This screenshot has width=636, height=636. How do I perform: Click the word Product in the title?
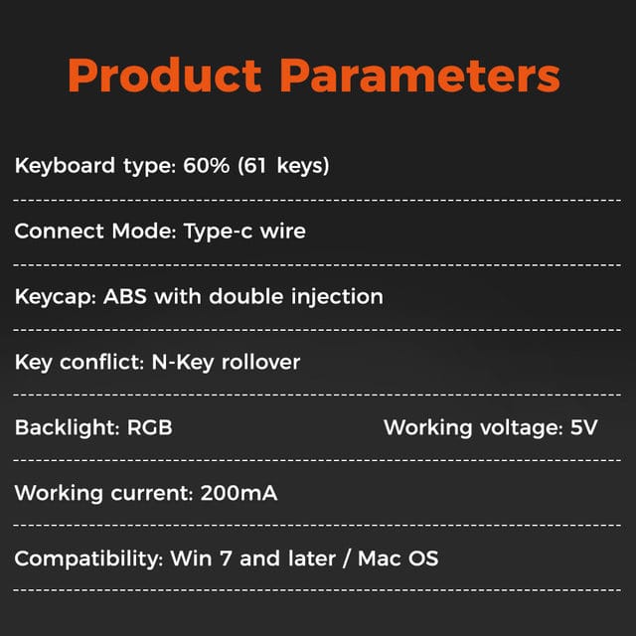pyautogui.click(x=165, y=76)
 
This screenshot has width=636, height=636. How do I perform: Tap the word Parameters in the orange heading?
pyautogui.click(x=420, y=76)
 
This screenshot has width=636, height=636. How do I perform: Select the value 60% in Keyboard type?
pyautogui.click(x=206, y=165)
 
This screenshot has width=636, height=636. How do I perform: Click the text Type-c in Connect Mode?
pyautogui.click(x=218, y=232)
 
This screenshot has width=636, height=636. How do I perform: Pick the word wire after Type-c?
pyautogui.click(x=282, y=231)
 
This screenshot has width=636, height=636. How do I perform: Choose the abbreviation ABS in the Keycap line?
pyautogui.click(x=125, y=296)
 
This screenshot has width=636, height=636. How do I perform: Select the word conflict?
pyautogui.click(x=101, y=362)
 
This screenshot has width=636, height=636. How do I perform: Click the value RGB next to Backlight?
pyautogui.click(x=150, y=427)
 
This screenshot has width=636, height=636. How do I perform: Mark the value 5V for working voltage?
pyautogui.click(x=583, y=427)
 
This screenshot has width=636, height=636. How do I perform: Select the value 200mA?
pyautogui.click(x=238, y=493)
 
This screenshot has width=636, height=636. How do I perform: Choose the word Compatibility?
pyautogui.click(x=88, y=559)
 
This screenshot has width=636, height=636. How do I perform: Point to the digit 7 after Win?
pyautogui.click(x=226, y=558)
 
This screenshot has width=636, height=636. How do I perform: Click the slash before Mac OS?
pyautogui.click(x=347, y=558)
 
